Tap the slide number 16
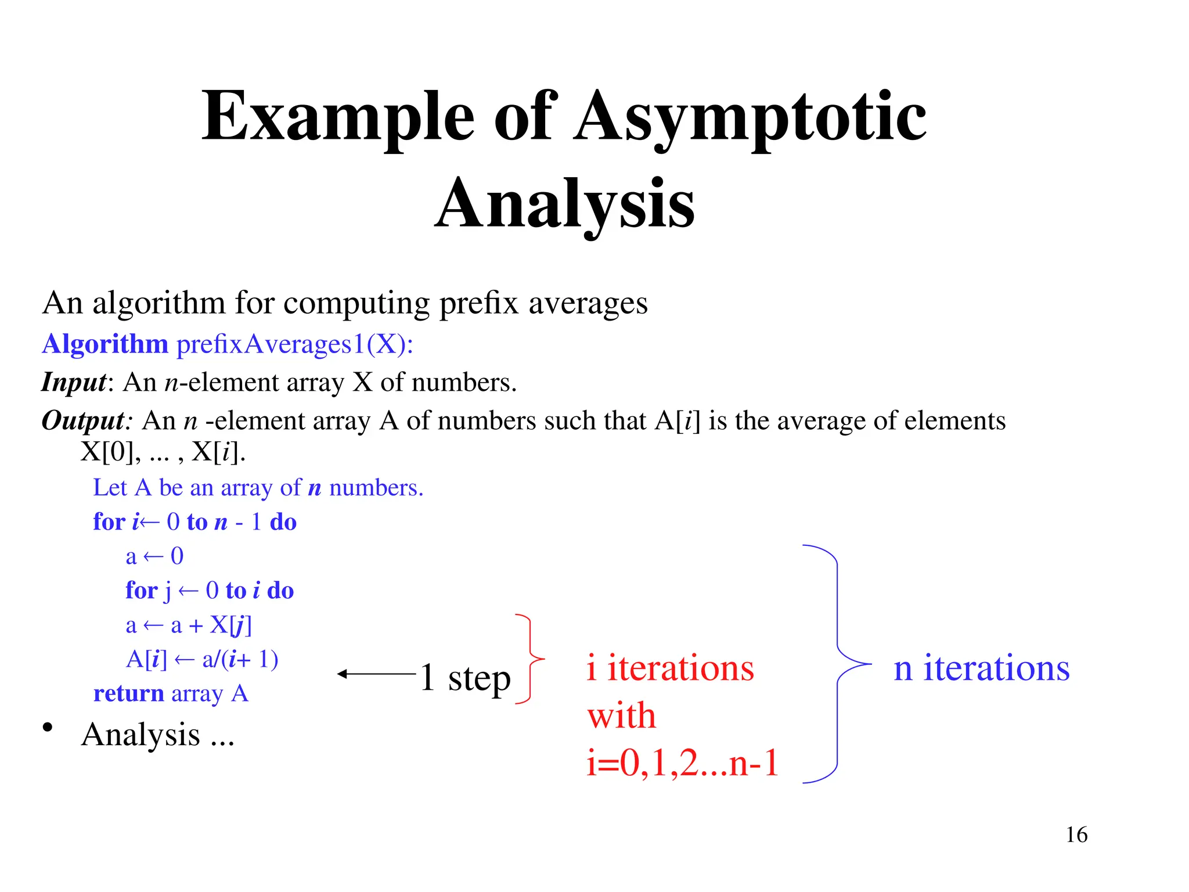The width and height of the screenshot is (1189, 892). coord(1076,835)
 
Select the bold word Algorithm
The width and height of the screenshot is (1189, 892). coord(105,344)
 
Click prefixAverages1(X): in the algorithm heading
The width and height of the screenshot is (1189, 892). coord(295,344)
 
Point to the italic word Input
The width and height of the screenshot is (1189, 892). coord(74,383)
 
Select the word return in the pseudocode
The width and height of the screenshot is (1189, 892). coord(129,693)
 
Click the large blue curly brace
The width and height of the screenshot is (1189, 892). coord(837,664)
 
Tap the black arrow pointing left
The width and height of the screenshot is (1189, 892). coord(376,674)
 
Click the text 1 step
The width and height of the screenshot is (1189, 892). coord(465,678)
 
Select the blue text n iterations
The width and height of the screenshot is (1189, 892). coord(981,668)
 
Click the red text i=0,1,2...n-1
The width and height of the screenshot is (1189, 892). coord(682,763)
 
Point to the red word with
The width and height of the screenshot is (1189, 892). coord(621,715)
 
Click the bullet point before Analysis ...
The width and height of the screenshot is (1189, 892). coord(48,728)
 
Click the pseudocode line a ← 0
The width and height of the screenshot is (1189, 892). coord(154,556)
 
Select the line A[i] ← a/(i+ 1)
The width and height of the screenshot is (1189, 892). coord(202,659)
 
